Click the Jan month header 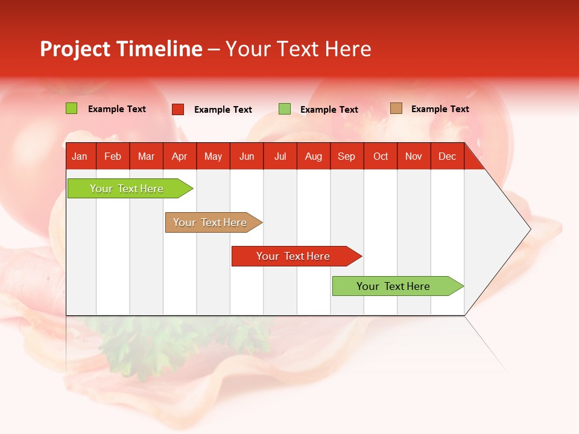point(80,157)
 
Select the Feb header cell point(113,157)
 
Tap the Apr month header point(179,157)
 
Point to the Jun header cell point(247,157)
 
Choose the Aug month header point(313,157)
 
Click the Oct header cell point(381,157)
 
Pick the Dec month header point(447,157)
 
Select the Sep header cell point(346,157)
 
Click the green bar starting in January point(127,189)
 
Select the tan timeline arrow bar point(210,222)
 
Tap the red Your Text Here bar point(293,256)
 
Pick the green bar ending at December point(394,286)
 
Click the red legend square point(178,109)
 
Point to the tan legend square point(396,108)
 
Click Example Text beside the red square point(223,110)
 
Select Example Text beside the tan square point(440,109)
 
